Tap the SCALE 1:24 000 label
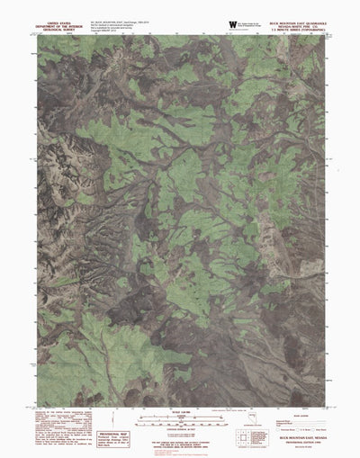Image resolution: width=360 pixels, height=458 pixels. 180,412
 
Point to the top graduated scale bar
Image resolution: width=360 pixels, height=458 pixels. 180,418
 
